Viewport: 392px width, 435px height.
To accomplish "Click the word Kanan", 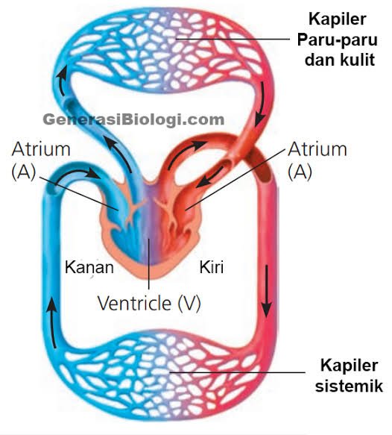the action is (x=89, y=267).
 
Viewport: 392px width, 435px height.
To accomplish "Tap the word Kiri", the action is (x=212, y=267).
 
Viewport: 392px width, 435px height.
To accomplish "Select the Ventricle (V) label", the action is (x=149, y=303).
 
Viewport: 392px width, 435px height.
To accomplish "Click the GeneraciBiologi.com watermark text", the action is (x=133, y=120).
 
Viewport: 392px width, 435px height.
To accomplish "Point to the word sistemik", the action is (x=349, y=386).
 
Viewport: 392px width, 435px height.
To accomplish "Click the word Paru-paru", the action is (x=337, y=40).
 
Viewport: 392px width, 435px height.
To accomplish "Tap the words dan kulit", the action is (x=340, y=60).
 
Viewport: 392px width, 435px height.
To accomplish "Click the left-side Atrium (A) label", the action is (x=41, y=160).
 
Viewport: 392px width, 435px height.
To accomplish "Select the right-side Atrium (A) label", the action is (x=317, y=160).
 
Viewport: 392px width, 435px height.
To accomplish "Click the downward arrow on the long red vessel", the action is (x=267, y=291).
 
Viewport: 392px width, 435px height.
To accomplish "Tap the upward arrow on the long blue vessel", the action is (x=52, y=324).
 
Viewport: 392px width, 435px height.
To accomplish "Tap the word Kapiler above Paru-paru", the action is (x=338, y=19).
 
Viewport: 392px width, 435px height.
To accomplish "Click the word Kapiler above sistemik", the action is (x=349, y=365).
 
